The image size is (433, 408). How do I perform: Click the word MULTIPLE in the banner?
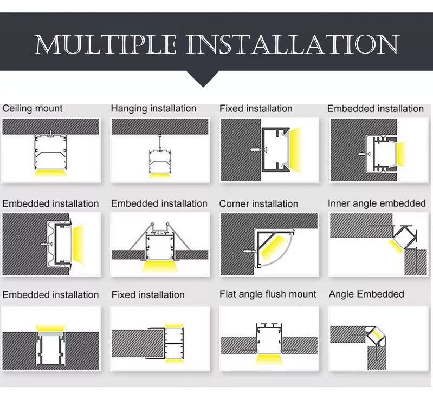106,44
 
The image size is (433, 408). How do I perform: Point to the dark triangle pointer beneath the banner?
203,79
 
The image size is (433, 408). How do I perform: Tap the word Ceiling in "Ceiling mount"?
16,108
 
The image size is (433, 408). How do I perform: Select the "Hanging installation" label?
153,108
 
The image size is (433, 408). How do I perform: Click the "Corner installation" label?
258,203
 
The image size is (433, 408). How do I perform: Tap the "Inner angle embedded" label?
377,203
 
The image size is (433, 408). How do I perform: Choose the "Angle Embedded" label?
366,294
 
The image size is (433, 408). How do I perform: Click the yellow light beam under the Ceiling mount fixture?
51,173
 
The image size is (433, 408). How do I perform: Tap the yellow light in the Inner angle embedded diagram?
396,246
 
